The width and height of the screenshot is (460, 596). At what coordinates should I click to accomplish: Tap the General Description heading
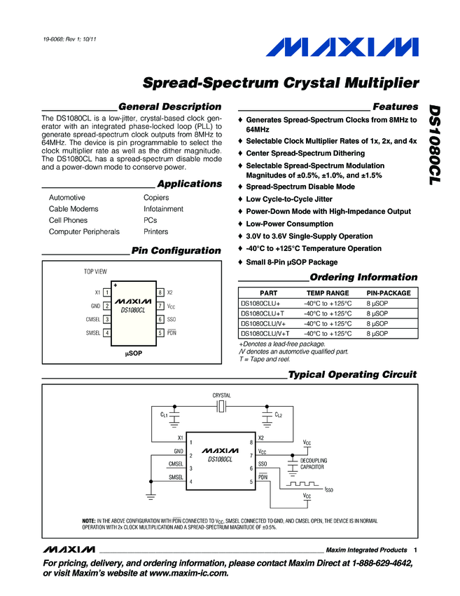click(170, 107)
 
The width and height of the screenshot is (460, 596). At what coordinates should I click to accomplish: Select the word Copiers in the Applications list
click(156, 198)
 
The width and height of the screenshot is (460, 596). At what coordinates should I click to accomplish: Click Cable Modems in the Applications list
click(74, 209)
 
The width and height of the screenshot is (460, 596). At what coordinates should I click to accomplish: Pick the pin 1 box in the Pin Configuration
click(106, 292)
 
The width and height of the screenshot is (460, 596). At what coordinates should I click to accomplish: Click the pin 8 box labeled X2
click(160, 292)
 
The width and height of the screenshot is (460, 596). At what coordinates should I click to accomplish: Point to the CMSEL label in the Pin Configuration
click(92, 319)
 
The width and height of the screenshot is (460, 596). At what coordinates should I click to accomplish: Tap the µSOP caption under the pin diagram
click(133, 354)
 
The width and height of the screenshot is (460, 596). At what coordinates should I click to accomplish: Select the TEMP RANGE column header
click(328, 293)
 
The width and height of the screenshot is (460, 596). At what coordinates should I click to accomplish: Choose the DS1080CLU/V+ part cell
click(264, 323)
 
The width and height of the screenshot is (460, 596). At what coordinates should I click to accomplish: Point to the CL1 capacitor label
click(164, 415)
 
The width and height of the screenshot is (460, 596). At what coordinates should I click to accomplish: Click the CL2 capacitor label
click(278, 415)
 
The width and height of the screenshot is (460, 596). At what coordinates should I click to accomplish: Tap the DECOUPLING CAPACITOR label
click(313, 463)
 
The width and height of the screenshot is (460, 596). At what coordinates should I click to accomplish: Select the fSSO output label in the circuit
click(328, 490)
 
